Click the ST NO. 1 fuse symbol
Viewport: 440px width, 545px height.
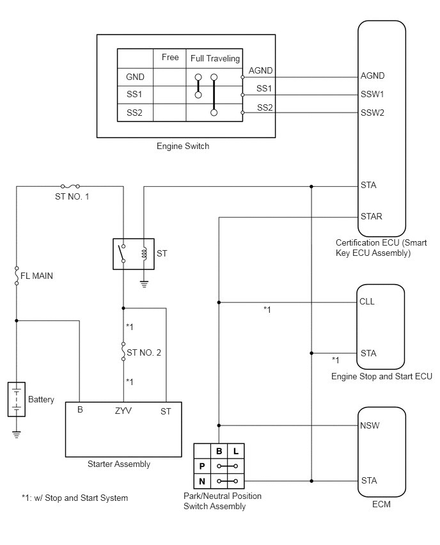pyautogui.click(x=70, y=187)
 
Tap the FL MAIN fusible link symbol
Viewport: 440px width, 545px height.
pyautogui.click(x=17, y=276)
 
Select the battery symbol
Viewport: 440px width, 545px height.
pyautogui.click(x=17, y=399)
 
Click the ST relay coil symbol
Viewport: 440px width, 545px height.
pyautogui.click(x=145, y=253)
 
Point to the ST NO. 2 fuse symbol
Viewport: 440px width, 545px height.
pyautogui.click(x=123, y=351)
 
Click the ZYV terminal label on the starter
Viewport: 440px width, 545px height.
pyautogui.click(x=123, y=411)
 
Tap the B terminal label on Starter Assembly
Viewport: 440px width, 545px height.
pyautogui.click(x=80, y=410)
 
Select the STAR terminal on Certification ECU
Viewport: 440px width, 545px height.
pyautogui.click(x=371, y=217)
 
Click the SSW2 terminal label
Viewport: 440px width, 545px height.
pyautogui.click(x=372, y=113)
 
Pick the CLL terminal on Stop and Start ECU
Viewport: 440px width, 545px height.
pyautogui.click(x=367, y=301)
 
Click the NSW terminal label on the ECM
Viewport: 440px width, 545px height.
pyautogui.click(x=370, y=425)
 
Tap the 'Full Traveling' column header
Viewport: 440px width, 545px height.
pyautogui.click(x=215, y=58)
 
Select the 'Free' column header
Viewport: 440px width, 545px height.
pyautogui.click(x=170, y=58)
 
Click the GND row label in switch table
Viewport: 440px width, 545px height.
pyautogui.click(x=135, y=77)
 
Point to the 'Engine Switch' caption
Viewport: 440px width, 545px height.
pyautogui.click(x=183, y=146)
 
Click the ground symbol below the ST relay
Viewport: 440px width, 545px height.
pyautogui.click(x=145, y=284)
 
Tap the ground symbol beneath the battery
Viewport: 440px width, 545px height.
pyautogui.click(x=17, y=434)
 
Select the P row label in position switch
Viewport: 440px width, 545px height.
pyautogui.click(x=202, y=466)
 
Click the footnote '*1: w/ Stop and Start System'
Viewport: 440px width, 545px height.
pyautogui.click(x=75, y=498)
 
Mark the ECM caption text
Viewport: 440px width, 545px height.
pyautogui.click(x=381, y=504)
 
